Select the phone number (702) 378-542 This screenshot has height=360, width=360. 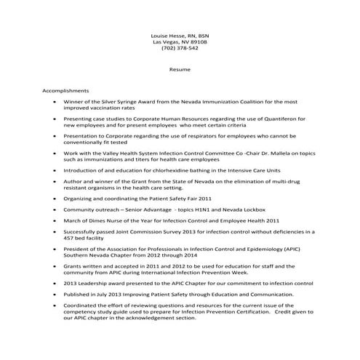click(180, 49)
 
